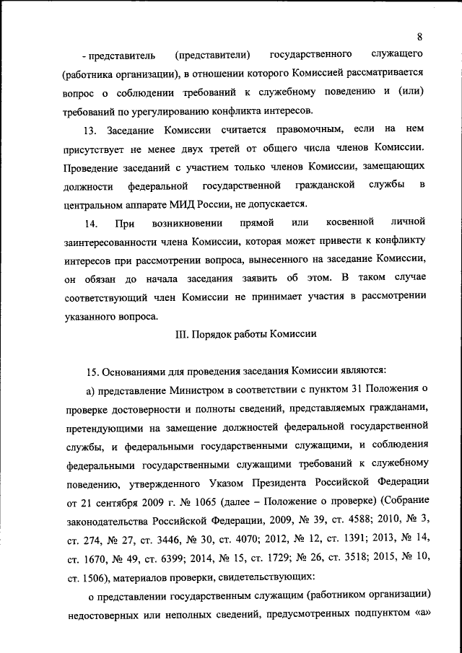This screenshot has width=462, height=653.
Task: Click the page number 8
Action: [x=419, y=37]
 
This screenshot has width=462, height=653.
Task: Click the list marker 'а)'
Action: [x=92, y=390]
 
